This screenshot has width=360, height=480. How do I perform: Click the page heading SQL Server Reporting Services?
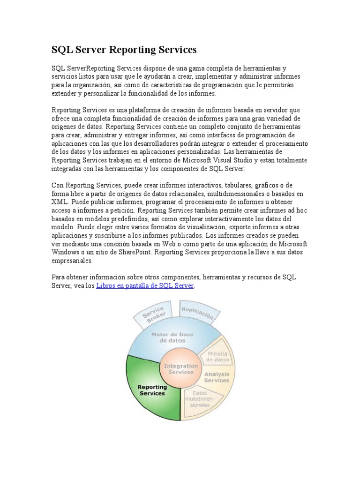(x=124, y=50)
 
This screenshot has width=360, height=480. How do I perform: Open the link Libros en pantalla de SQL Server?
(x=145, y=285)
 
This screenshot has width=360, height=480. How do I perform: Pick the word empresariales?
(x=72, y=261)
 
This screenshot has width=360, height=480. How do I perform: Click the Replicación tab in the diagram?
(x=197, y=313)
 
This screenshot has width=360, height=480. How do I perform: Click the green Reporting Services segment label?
(x=152, y=390)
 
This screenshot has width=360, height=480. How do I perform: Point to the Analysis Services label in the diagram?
(x=216, y=377)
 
